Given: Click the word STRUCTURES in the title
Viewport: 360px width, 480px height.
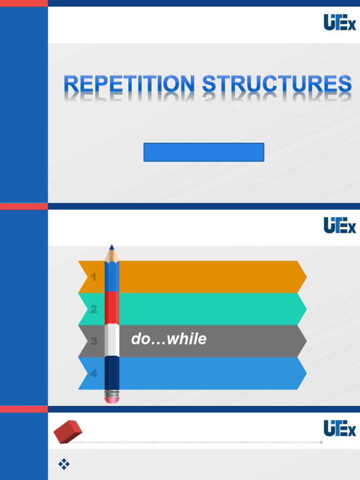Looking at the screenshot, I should tap(277, 84).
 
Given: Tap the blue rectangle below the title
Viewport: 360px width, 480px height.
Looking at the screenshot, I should tap(204, 152).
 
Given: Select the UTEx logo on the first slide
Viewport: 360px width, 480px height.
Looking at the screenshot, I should tap(340, 22).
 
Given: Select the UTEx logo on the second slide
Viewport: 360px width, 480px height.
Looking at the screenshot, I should tap(340, 225).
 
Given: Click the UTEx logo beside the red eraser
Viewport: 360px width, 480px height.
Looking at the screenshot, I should tap(340, 428).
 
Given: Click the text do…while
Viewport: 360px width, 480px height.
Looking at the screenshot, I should tap(169, 339).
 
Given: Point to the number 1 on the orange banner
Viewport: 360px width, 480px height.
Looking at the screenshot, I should tap(94, 277).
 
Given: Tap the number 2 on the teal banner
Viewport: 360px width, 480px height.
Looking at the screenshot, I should tap(94, 309).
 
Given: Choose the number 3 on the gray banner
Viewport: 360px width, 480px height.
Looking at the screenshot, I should tap(94, 341).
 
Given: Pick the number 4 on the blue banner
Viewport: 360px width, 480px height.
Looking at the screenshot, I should tap(94, 374).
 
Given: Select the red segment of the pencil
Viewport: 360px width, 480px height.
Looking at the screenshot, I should tap(112, 307).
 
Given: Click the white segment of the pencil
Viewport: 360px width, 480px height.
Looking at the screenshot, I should tap(112, 340).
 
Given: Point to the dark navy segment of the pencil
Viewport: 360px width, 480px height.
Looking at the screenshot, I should tap(112, 373).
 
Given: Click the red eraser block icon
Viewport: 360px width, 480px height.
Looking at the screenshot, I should tap(68, 431).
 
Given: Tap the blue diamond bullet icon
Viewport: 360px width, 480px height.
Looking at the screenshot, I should tap(64, 464).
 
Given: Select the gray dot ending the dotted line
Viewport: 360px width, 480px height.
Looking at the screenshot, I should tap(321, 442).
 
